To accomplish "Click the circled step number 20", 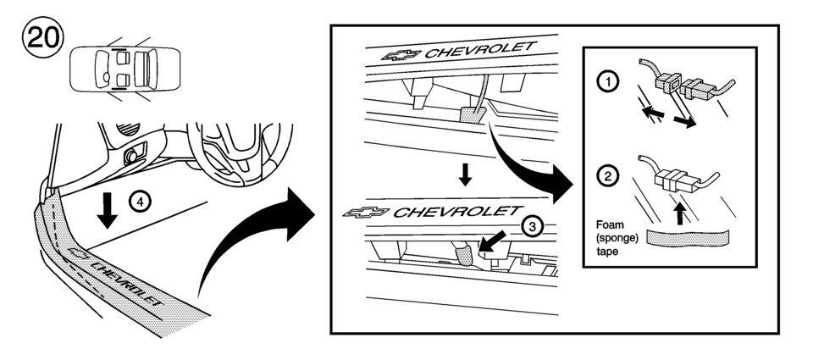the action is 42,36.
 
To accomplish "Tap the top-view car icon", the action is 125,69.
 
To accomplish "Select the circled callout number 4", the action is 140,202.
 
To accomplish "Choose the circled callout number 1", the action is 607,82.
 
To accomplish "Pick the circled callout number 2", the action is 607,177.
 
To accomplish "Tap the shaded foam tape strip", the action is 688,237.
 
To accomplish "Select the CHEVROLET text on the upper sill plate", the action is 481,50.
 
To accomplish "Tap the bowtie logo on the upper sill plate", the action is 401,54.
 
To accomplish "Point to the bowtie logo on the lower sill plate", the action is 366,212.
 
